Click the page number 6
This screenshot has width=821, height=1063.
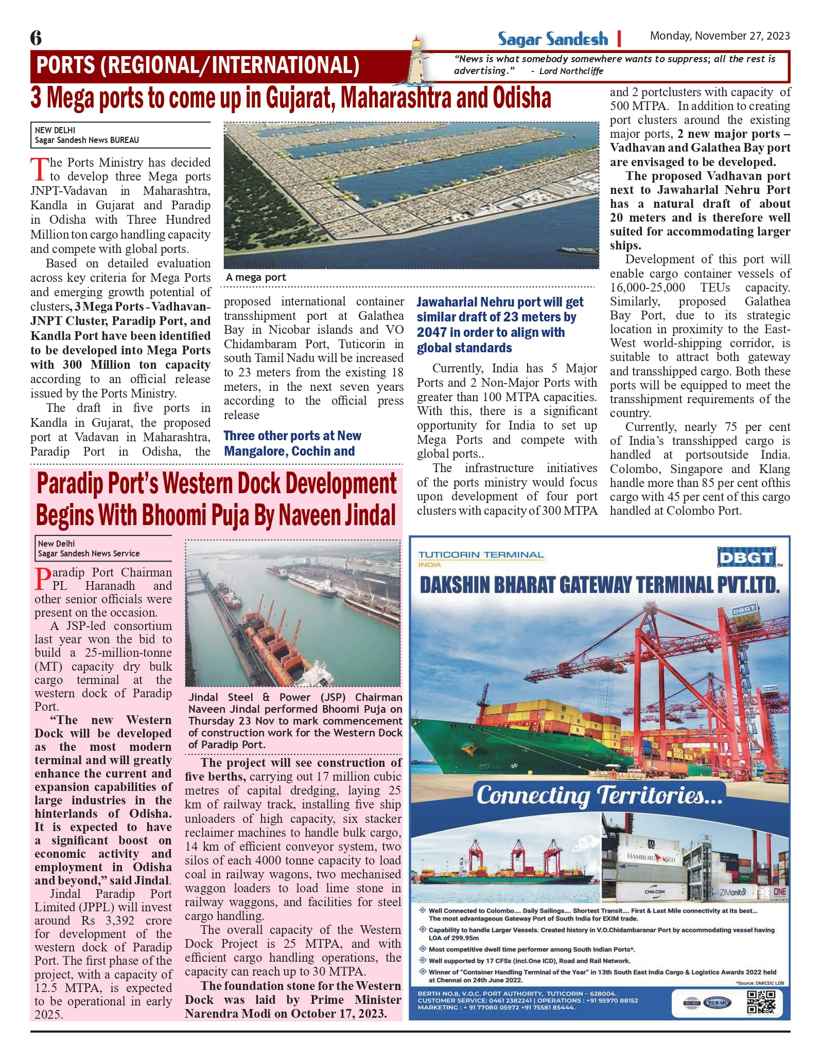[x=36, y=38]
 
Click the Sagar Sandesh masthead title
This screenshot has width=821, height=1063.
[x=552, y=39]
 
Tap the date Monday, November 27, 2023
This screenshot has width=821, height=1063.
[x=720, y=35]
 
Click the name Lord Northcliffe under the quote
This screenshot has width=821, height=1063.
[x=571, y=71]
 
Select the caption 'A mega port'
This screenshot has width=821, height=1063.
[x=256, y=277]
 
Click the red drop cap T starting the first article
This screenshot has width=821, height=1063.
[x=39, y=169]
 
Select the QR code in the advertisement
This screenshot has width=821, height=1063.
[x=760, y=1002]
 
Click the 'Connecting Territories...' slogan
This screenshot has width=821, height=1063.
[x=599, y=795]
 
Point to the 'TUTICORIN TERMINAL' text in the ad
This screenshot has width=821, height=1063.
[x=481, y=555]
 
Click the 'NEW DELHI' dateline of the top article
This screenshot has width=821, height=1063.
[x=55, y=130]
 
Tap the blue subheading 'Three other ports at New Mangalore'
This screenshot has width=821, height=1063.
[x=292, y=443]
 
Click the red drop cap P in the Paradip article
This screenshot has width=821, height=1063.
[x=43, y=579]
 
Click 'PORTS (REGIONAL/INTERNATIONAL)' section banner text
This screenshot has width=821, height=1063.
[x=198, y=65]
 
